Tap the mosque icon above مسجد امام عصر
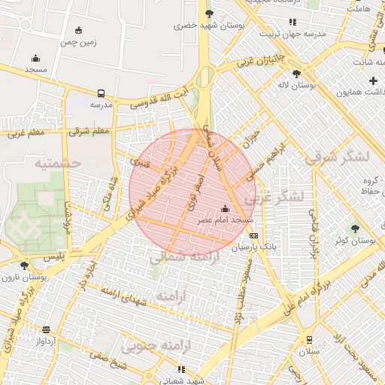click(225, 208)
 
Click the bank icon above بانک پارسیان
click(253, 235)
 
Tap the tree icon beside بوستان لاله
click(296, 74)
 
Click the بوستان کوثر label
click(356, 240)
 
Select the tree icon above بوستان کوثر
click(355, 228)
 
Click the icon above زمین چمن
click(79, 31)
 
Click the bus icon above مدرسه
click(101, 94)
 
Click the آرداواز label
click(46, 341)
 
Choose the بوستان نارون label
click(47, 277)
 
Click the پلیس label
click(54, 256)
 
